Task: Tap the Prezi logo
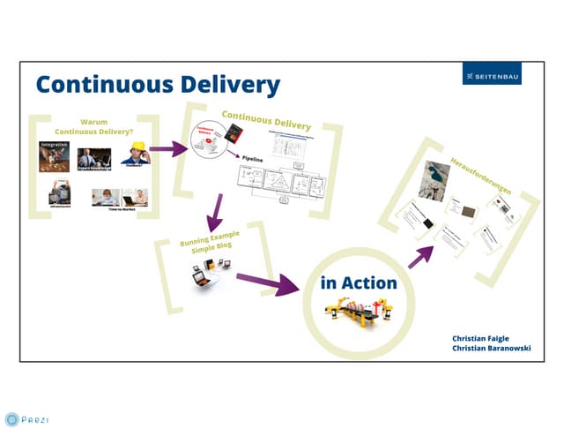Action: (25, 419)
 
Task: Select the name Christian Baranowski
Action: (497, 349)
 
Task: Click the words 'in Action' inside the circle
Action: (358, 283)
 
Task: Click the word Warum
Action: (93, 121)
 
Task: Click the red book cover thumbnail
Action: (234, 134)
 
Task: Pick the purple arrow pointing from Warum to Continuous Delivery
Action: (167, 148)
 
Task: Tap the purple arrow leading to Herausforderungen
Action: (421, 256)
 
